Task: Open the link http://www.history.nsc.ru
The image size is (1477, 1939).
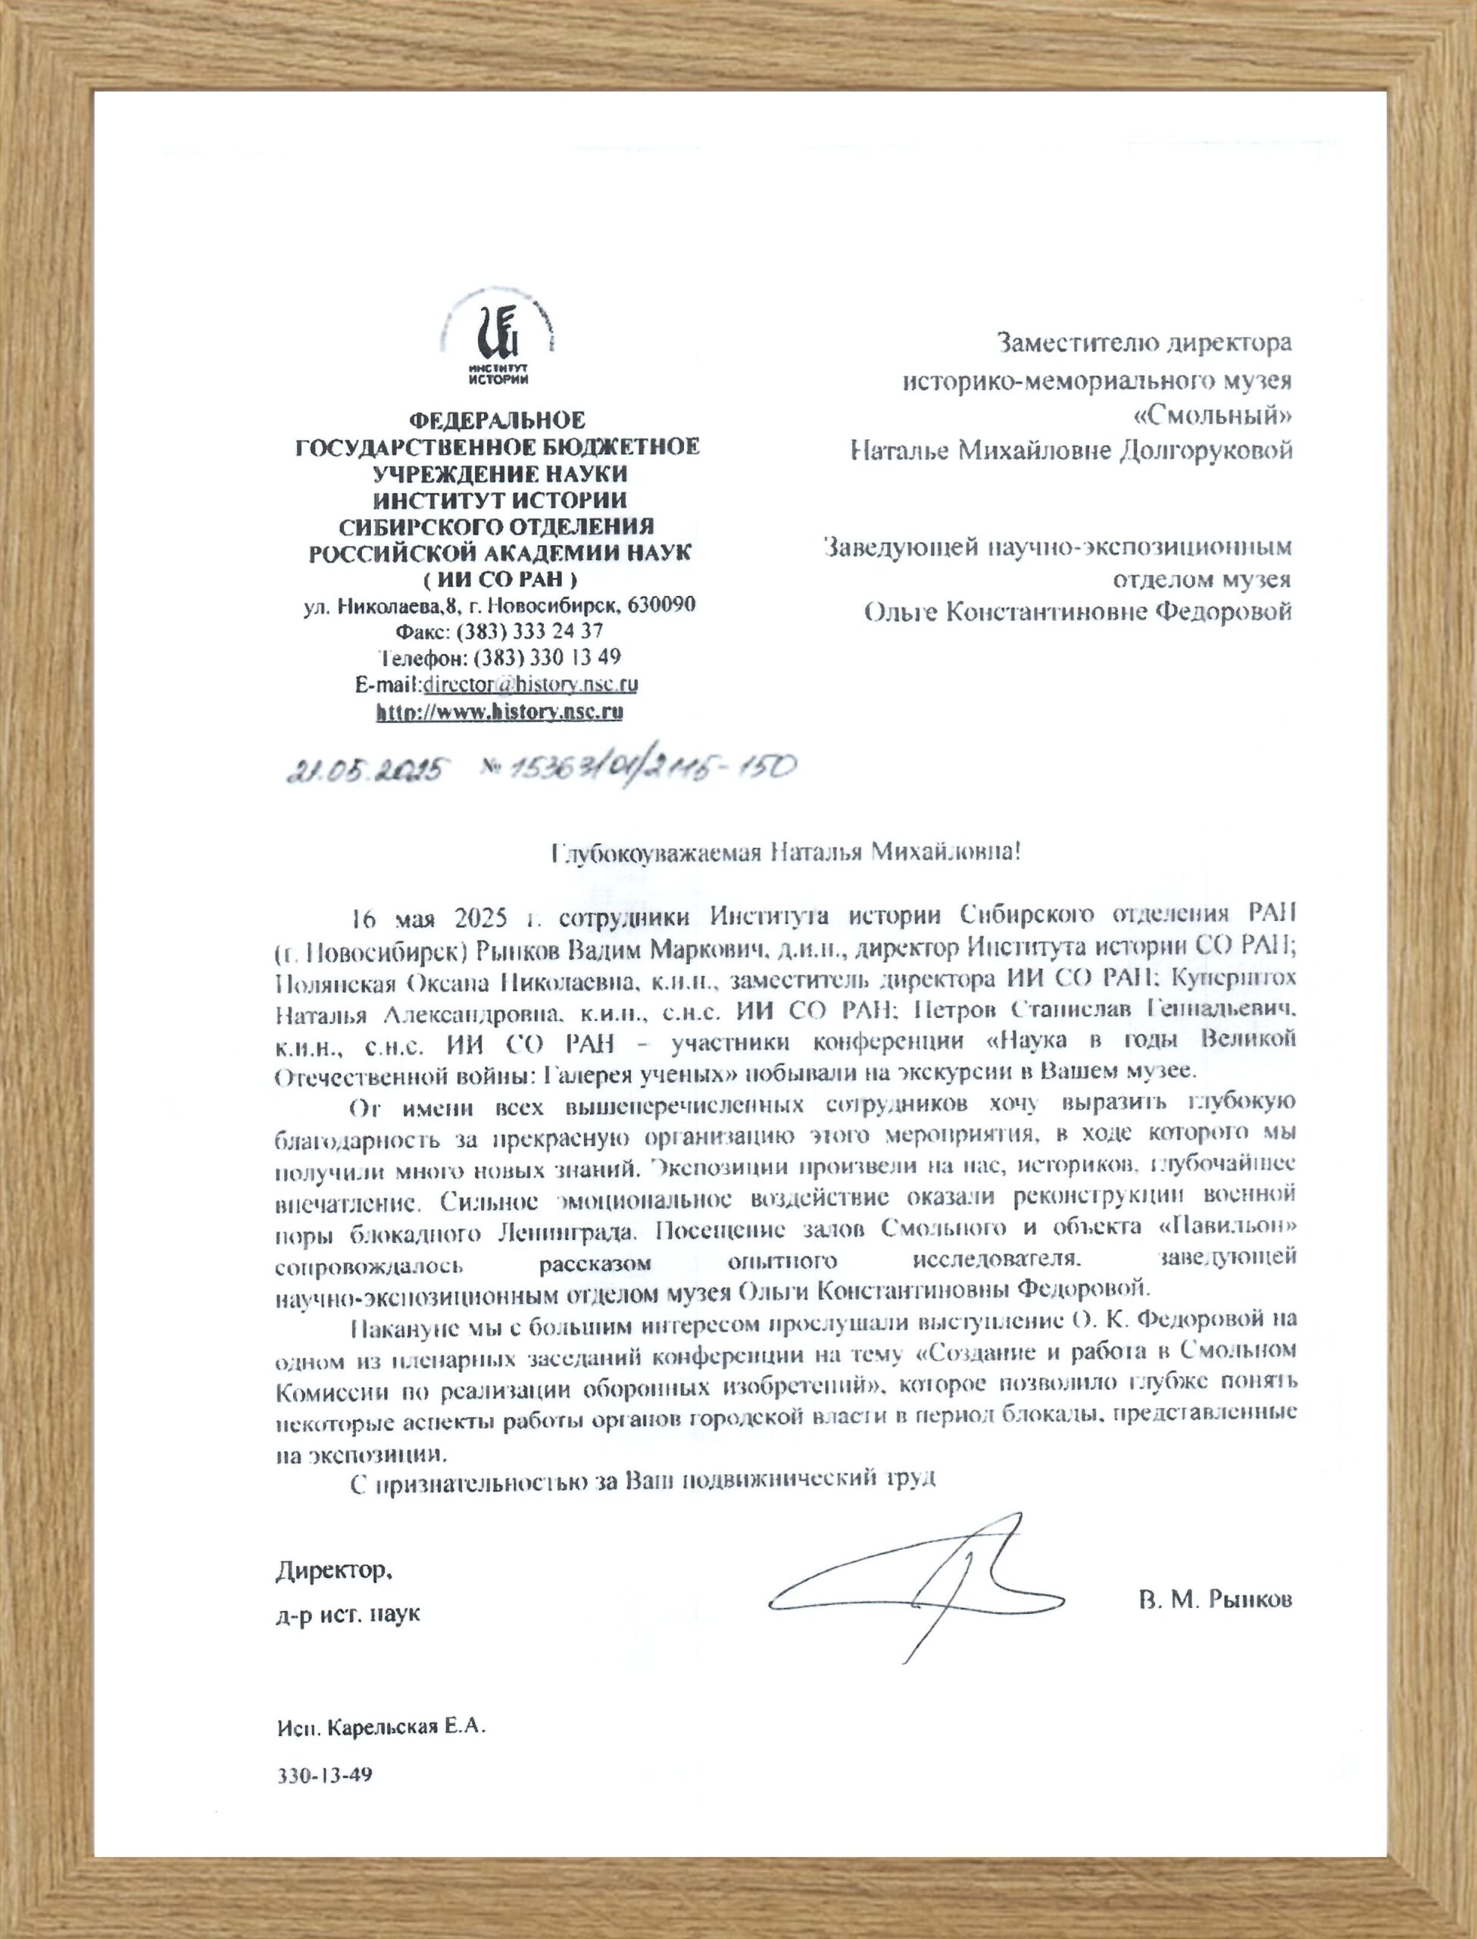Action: (499, 712)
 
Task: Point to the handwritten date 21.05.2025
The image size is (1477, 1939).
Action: (362, 773)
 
